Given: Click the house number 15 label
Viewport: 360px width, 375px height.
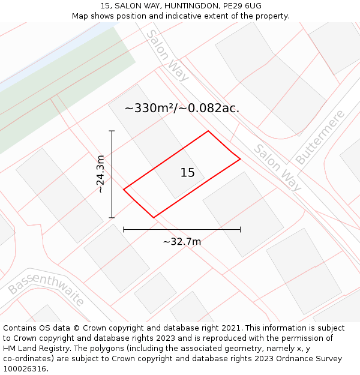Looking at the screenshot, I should point(187,173).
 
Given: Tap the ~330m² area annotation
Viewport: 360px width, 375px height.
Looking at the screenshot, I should point(182,109).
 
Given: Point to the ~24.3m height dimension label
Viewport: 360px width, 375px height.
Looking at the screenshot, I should point(100,174).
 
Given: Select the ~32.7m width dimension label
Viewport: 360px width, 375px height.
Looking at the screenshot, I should point(182,242).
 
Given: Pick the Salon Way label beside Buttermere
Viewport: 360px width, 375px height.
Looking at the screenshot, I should point(277,167).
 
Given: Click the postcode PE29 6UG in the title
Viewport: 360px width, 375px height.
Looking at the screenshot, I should point(241,5).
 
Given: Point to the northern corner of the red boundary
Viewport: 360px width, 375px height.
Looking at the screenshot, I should point(208,131).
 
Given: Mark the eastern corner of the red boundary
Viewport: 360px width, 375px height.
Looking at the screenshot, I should point(240,159).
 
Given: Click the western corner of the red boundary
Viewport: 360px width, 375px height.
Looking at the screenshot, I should point(124,190).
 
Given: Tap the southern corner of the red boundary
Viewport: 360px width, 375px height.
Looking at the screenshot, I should point(154,217).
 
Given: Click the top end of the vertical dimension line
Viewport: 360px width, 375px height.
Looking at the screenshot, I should point(112,131).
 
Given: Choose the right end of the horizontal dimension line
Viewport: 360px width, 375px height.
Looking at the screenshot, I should point(240,229).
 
